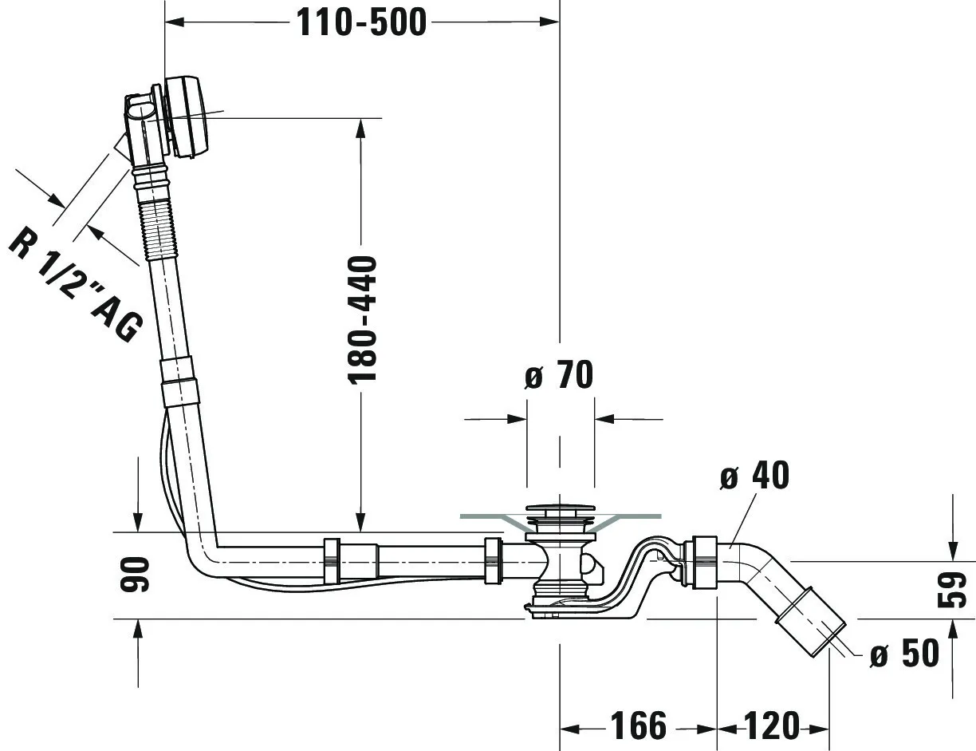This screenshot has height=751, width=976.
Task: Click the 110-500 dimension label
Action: [361, 22]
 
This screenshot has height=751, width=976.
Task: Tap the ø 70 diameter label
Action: [559, 375]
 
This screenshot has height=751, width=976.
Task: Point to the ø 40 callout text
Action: [754, 476]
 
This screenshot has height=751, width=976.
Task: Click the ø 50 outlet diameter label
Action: [904, 654]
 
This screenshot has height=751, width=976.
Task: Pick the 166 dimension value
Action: [638, 726]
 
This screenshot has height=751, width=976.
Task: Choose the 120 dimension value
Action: [771, 726]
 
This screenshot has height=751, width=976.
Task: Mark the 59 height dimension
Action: [954, 590]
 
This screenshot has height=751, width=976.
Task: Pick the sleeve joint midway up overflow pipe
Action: [179, 383]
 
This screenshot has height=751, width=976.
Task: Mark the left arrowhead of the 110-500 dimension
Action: [172, 22]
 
